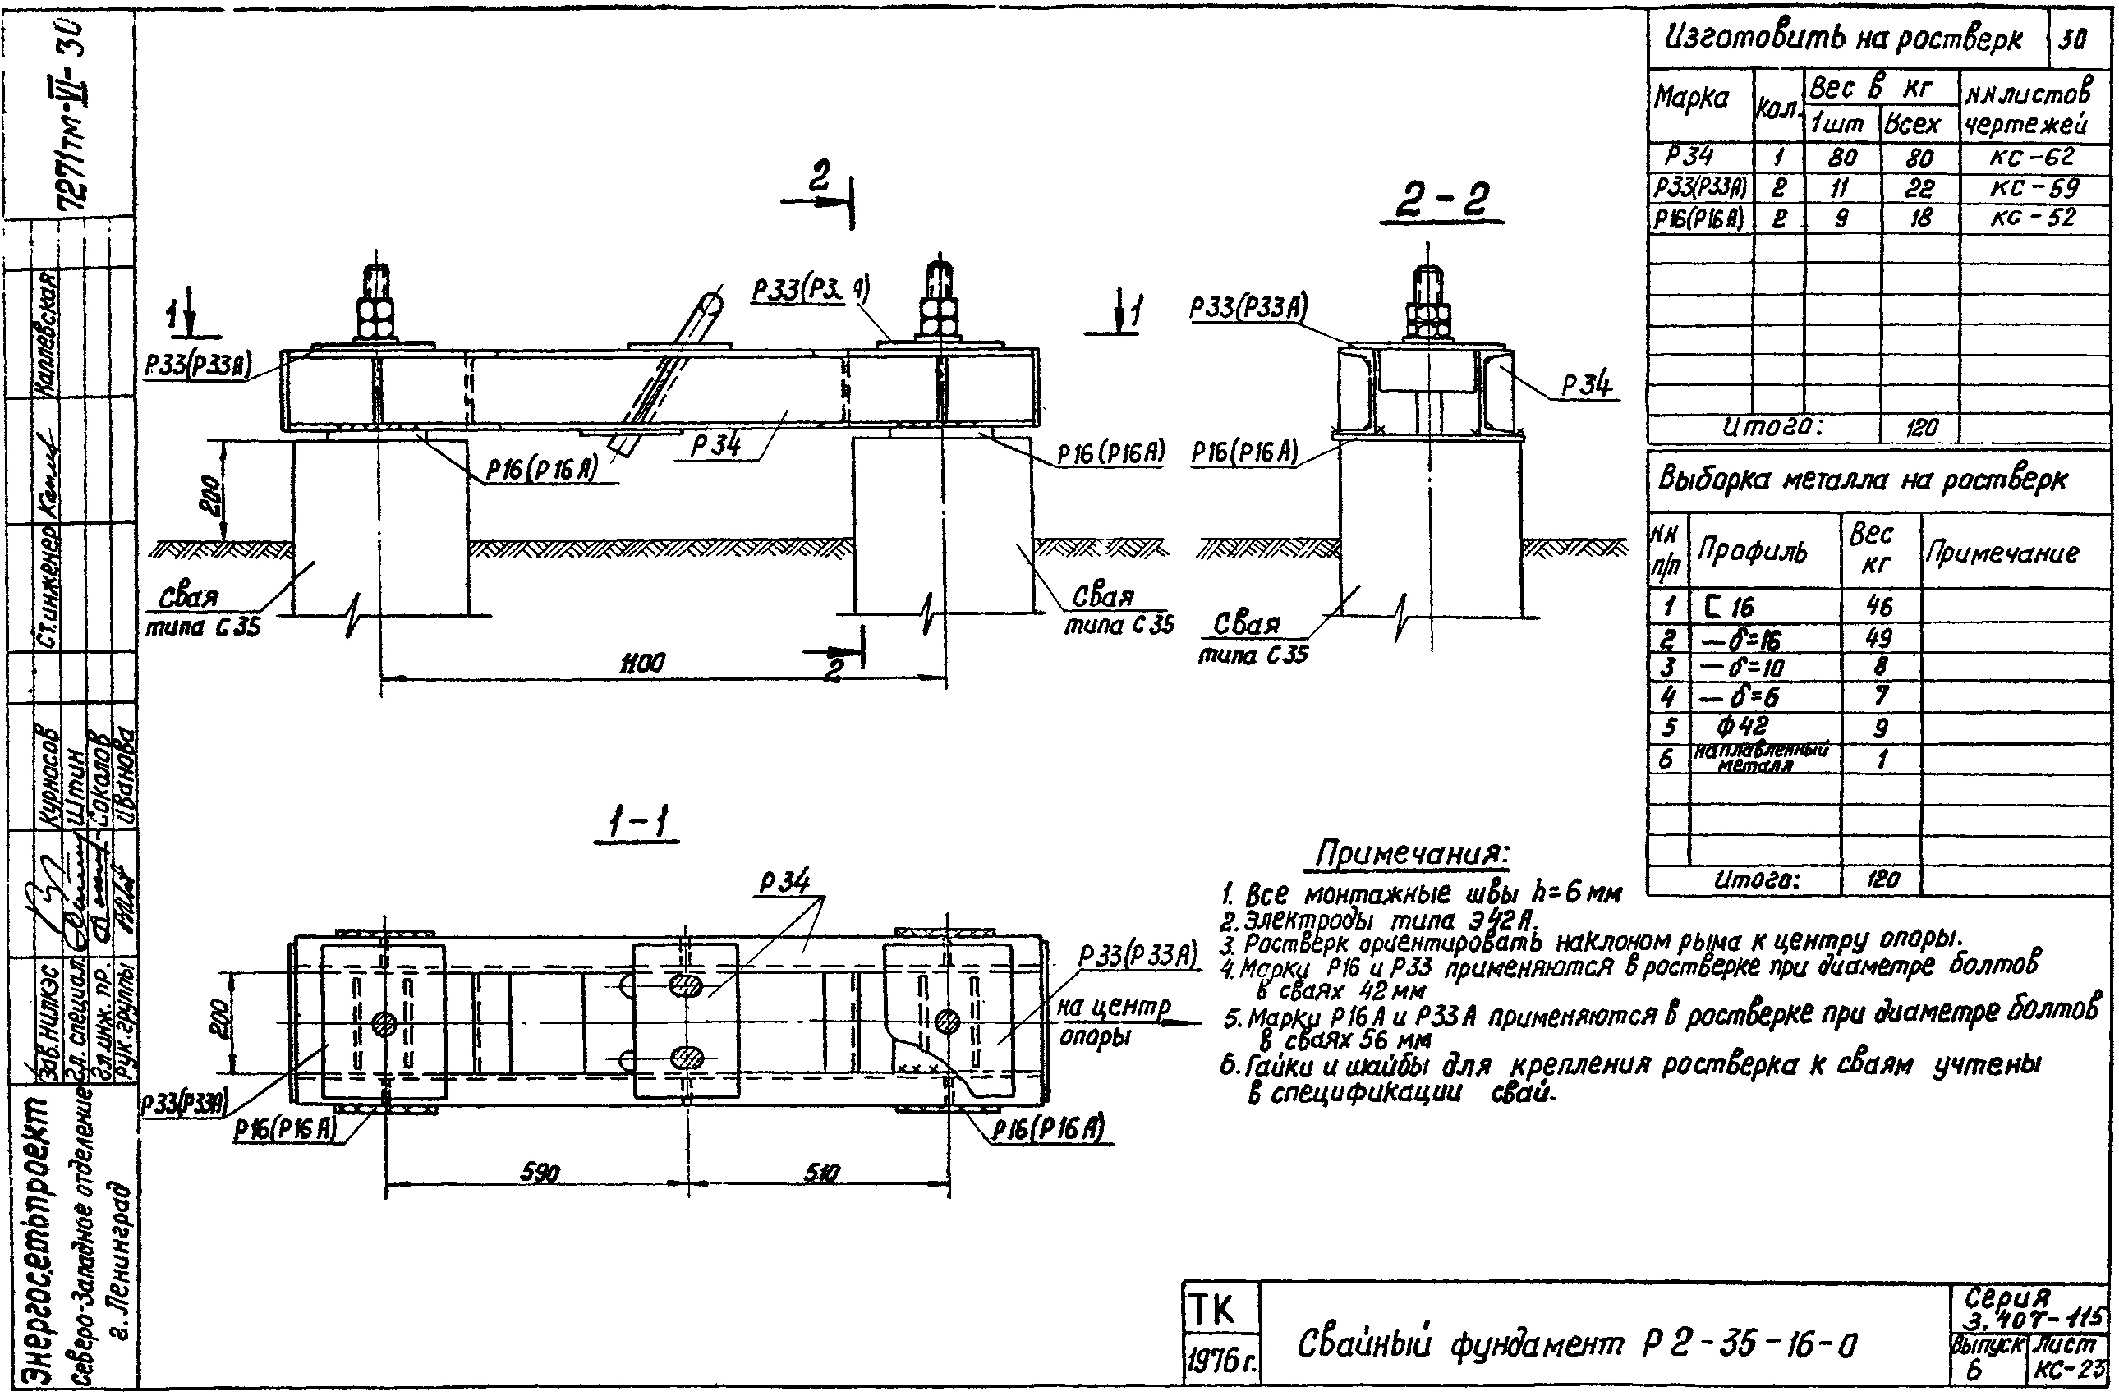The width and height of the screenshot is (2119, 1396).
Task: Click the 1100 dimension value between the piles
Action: click(x=643, y=664)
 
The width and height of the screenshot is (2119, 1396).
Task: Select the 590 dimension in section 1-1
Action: click(x=540, y=1173)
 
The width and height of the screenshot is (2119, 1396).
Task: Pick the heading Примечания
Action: click(x=1412, y=855)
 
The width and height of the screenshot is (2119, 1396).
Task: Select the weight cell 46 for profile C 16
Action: click(x=1878, y=607)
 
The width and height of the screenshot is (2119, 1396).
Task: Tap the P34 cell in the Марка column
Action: click(x=1689, y=158)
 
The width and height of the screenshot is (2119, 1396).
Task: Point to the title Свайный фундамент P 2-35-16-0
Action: click(x=1577, y=1343)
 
